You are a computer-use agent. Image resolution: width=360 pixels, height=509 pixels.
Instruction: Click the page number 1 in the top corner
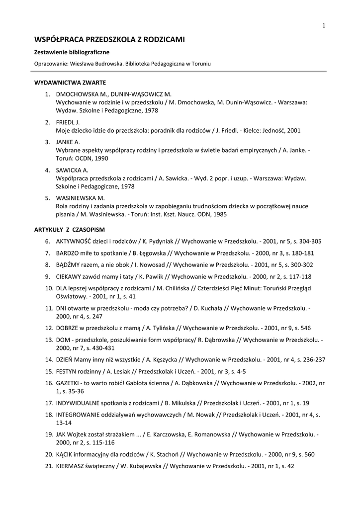(323, 26)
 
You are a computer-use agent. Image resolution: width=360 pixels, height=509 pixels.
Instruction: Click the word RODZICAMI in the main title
(160, 39)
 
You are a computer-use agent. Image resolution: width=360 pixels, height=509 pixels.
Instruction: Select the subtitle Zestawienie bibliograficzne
(72, 52)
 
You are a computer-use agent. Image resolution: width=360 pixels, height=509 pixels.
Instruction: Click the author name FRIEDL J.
(68, 122)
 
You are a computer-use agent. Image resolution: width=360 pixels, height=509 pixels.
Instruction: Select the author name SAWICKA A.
(72, 170)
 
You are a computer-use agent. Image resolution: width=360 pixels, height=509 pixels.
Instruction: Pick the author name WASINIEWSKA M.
(80, 197)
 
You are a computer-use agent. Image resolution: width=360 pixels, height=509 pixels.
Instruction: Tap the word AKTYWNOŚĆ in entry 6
(76, 241)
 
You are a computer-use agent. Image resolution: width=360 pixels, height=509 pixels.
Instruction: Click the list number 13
(49, 340)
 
